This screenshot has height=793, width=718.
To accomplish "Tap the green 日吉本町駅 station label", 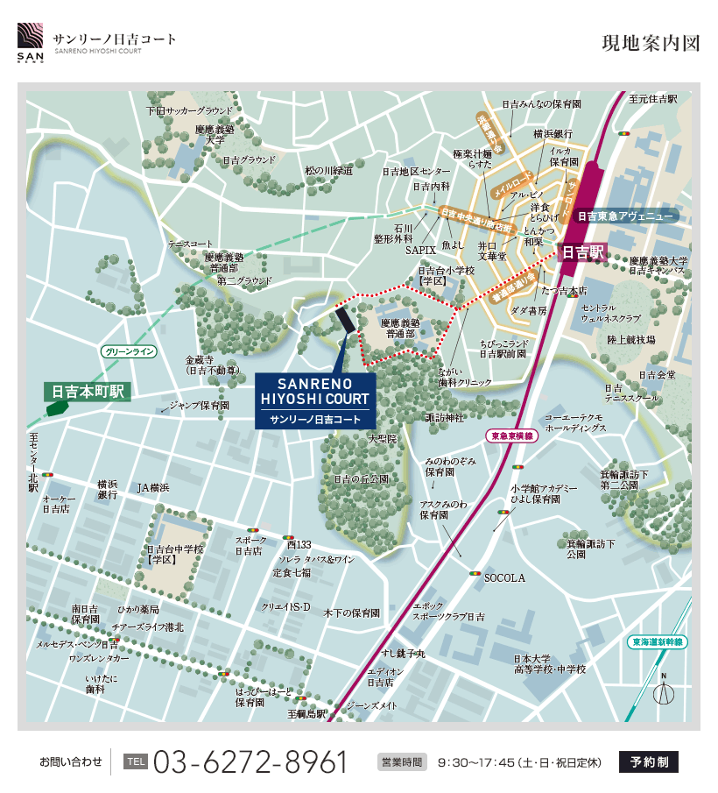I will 88,391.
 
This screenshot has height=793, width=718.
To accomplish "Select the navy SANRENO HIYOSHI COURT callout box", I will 315,401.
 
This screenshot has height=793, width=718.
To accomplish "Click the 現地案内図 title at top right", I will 651,44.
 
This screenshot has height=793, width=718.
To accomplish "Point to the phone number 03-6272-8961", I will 250,761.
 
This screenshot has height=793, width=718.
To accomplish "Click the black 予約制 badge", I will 648,761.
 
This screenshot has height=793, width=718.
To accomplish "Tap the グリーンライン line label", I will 129,351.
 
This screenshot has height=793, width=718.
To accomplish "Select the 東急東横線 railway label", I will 512,435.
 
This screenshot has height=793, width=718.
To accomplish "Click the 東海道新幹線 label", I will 658,641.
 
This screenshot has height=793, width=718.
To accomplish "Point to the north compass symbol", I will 665,690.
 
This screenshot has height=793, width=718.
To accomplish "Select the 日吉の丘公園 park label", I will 361,479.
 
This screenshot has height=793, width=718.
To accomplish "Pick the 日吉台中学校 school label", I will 174,554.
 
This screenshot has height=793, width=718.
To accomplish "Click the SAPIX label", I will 420,250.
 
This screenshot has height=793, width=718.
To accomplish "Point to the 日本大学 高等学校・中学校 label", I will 549,663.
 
